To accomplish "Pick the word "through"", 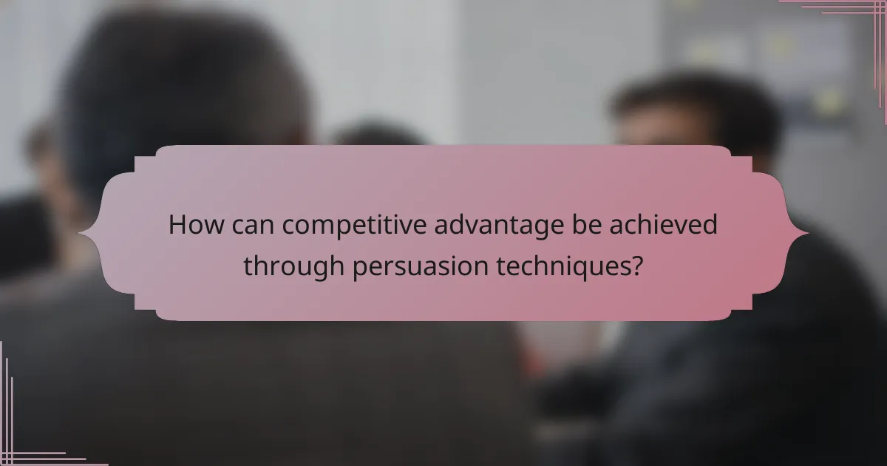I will click(293, 265).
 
